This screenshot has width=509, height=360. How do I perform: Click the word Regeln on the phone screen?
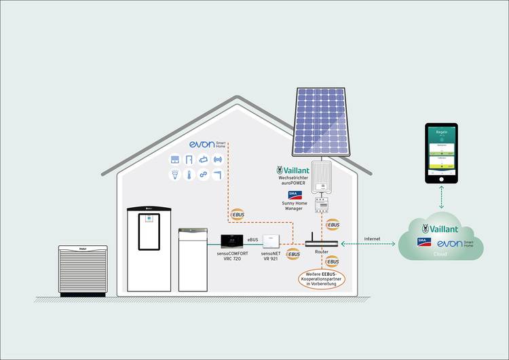[x=440, y=133]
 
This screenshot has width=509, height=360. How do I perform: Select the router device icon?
[x=321, y=241]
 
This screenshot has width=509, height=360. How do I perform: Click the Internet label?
[x=372, y=238]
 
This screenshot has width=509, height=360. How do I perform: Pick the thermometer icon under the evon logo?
[x=188, y=175]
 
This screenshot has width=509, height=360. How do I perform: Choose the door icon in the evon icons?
[x=188, y=160]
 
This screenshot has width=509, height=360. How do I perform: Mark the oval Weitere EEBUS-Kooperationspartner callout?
[x=321, y=278]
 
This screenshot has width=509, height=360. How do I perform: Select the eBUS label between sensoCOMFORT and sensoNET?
[x=252, y=240]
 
